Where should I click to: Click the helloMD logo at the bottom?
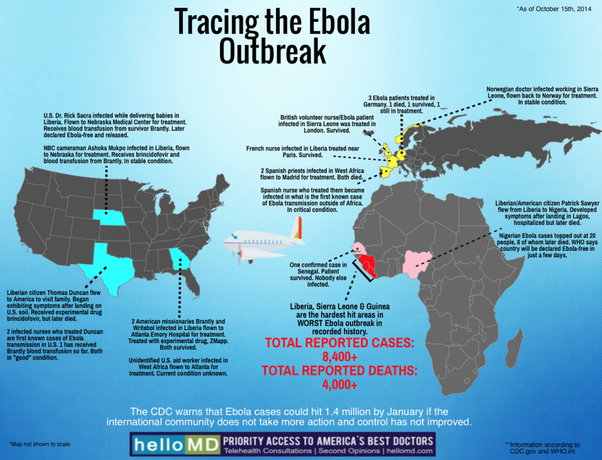(174, 444)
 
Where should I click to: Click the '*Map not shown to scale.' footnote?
(40, 444)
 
